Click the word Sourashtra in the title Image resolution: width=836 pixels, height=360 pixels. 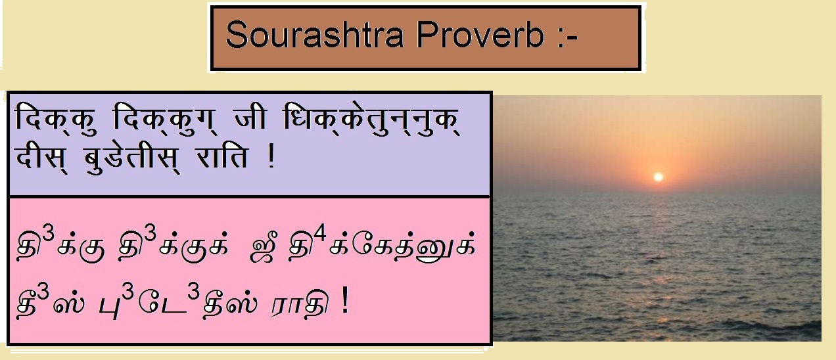tap(315, 36)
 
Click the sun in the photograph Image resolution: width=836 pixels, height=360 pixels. tap(658, 177)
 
